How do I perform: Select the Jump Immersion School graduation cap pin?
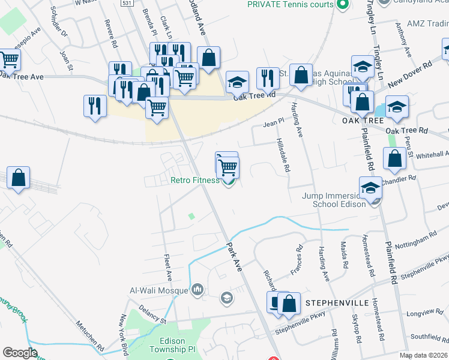point(370,188)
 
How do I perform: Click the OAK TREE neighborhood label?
point(362,120)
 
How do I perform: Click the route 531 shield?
point(126,3)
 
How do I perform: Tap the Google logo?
point(20,353)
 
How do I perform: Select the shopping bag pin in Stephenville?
point(289,304)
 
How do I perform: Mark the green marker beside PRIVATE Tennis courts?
point(342,5)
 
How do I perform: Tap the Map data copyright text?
point(423,355)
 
